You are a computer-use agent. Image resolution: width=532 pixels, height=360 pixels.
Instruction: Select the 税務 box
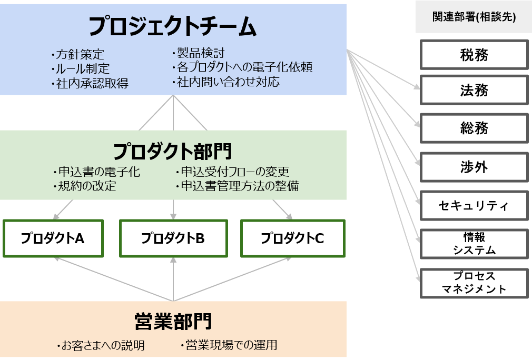coord(474,55)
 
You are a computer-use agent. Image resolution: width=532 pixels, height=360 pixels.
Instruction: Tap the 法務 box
coord(474,91)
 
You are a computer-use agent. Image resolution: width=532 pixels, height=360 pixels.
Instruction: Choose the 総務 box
coord(474,128)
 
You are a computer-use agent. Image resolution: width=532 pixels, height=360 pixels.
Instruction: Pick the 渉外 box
coord(474,167)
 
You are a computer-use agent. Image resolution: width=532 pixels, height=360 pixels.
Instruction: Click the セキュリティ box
coord(474,205)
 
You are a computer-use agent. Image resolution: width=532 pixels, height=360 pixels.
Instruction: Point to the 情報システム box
coord(474,243)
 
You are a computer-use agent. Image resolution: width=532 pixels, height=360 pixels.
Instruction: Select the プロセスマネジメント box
coord(474,283)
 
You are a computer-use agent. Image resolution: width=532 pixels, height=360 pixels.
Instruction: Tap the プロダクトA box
coord(53,238)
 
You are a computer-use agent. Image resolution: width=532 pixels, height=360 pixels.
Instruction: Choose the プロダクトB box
coord(173,238)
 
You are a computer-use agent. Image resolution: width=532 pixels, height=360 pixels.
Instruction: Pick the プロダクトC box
coord(292,238)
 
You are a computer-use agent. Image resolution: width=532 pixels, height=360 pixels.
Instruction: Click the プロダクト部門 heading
coord(173,152)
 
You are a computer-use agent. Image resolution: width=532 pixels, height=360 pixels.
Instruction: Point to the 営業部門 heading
coord(173,321)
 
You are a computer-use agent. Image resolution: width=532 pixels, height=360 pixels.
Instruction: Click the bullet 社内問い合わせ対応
coord(228,82)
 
